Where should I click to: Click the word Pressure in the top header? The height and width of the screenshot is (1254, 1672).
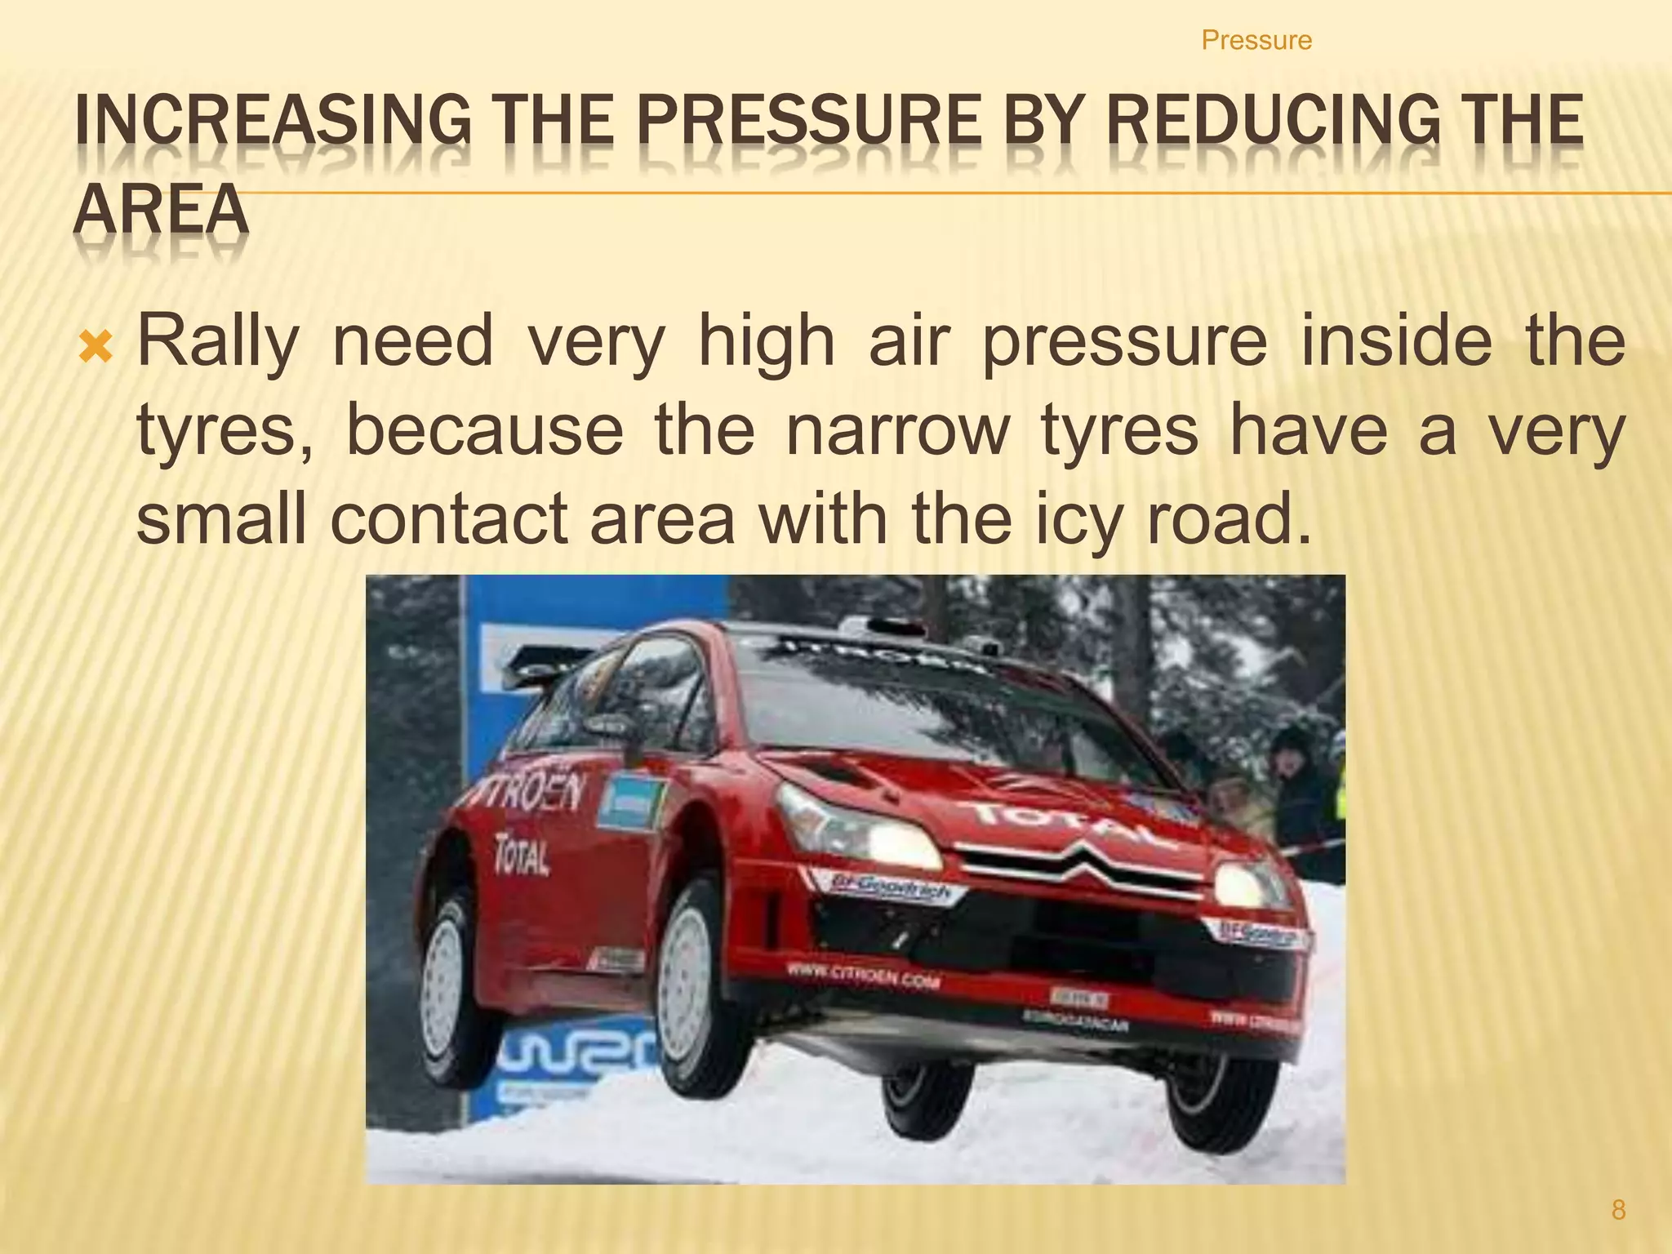point(1256,40)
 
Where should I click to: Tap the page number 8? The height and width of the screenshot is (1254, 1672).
point(1618,1209)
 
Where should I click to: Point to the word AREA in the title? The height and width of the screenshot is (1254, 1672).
point(161,210)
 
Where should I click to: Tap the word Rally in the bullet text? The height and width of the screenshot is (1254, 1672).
point(218,341)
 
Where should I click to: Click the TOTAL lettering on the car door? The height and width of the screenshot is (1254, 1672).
point(522,854)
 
